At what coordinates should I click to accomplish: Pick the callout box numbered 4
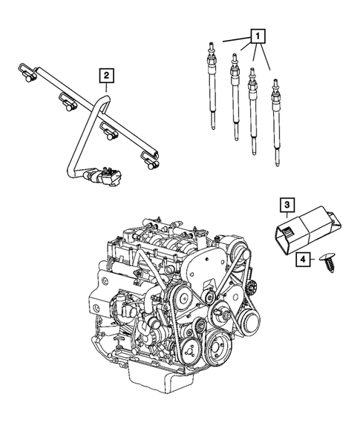coord(304,259)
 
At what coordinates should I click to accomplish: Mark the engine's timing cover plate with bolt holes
coord(200,282)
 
